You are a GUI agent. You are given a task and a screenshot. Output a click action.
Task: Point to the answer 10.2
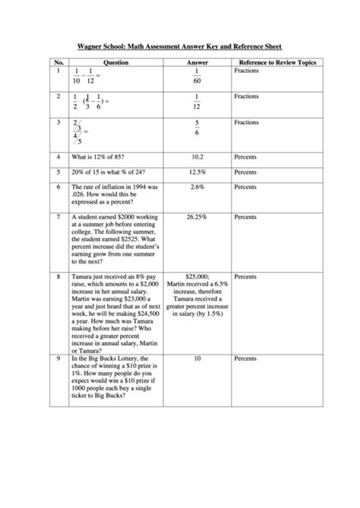[197, 157]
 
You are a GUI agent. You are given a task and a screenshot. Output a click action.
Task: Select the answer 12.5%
[197, 172]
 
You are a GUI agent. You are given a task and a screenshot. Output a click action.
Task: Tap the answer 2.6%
[197, 186]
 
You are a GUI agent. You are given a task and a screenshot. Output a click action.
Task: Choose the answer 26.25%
[197, 216]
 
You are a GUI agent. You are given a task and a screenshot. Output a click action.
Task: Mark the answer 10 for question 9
[197, 358]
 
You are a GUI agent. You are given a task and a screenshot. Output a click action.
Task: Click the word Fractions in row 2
[247, 96]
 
